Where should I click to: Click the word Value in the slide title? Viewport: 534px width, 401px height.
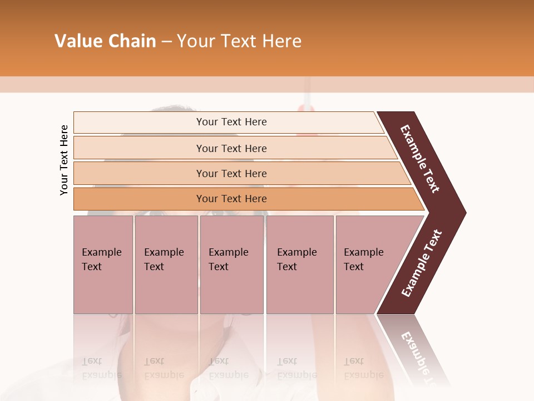[77, 41]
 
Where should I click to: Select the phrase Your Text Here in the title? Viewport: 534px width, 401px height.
[239, 41]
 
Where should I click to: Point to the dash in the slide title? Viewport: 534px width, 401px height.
[166, 42]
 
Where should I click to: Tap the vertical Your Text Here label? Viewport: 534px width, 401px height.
[64, 160]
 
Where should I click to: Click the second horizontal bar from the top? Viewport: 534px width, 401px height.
[231, 148]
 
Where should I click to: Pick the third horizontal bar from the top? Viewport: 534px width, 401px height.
[231, 173]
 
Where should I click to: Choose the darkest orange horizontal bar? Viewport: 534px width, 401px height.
[231, 199]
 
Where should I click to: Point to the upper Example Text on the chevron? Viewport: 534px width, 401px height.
[420, 159]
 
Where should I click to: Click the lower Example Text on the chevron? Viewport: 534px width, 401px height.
[422, 263]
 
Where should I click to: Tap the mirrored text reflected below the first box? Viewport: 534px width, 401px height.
[101, 368]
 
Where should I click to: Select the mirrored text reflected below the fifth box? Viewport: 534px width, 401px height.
[363, 368]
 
